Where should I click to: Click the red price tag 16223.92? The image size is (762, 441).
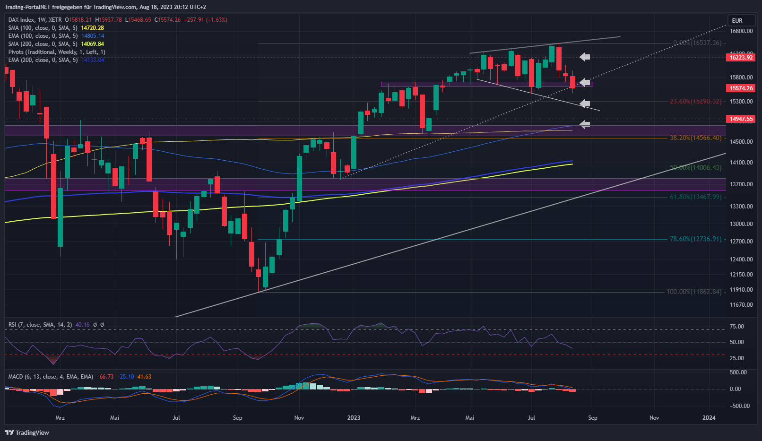pyautogui.click(x=741, y=58)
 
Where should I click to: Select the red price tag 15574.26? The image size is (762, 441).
pyautogui.click(x=741, y=88)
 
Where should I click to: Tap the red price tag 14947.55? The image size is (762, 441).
pyautogui.click(x=741, y=119)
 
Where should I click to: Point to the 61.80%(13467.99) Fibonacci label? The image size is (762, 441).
pyautogui.click(x=695, y=197)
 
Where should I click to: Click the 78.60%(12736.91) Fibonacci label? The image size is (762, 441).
pyautogui.click(x=695, y=239)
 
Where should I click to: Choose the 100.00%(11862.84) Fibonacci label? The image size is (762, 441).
pyautogui.click(x=694, y=292)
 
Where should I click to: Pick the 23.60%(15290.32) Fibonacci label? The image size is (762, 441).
pyautogui.click(x=695, y=102)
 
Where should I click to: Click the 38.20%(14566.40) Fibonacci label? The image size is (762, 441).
pyautogui.click(x=695, y=138)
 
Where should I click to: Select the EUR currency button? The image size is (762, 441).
pyautogui.click(x=737, y=21)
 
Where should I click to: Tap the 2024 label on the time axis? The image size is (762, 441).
pyautogui.click(x=709, y=418)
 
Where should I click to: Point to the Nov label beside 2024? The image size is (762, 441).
pyautogui.click(x=654, y=418)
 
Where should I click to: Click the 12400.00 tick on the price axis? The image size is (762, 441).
pyautogui.click(x=741, y=259)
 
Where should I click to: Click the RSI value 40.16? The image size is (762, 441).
pyautogui.click(x=82, y=325)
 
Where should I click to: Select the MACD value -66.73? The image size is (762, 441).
pyautogui.click(x=105, y=377)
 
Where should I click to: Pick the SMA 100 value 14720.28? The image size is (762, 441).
pyautogui.click(x=92, y=28)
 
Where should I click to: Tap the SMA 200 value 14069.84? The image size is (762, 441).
pyautogui.click(x=92, y=44)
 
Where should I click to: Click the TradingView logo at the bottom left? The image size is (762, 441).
pyautogui.click(x=27, y=432)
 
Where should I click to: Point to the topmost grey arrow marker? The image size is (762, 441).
pyautogui.click(x=585, y=57)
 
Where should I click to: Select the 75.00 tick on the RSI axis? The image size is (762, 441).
pyautogui.click(x=737, y=327)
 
